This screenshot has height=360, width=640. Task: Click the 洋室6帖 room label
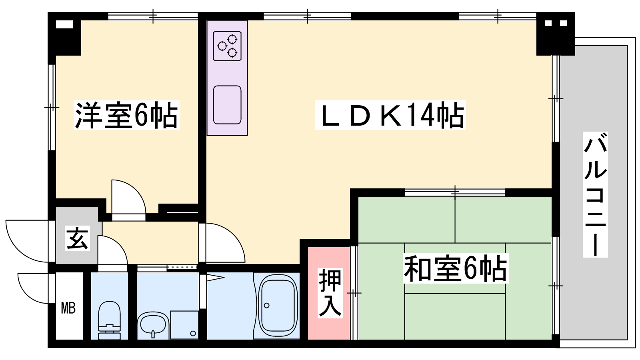(x=126, y=115)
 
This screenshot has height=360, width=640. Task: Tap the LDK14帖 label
(x=390, y=115)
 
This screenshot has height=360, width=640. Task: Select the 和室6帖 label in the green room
(x=456, y=268)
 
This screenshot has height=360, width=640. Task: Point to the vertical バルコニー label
(x=595, y=194)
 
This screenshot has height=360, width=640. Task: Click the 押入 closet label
(x=330, y=293)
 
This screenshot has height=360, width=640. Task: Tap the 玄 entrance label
(x=77, y=238)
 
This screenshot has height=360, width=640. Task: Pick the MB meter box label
(x=68, y=308)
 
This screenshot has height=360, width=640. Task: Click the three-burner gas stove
(x=227, y=46)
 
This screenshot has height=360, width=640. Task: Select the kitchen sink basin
(x=227, y=105)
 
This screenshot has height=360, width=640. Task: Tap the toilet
(x=109, y=320)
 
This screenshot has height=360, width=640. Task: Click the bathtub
(x=277, y=306)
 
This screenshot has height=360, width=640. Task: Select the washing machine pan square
(x=184, y=325)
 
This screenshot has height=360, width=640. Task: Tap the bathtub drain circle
(x=266, y=306)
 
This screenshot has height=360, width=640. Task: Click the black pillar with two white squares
(x=556, y=34)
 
